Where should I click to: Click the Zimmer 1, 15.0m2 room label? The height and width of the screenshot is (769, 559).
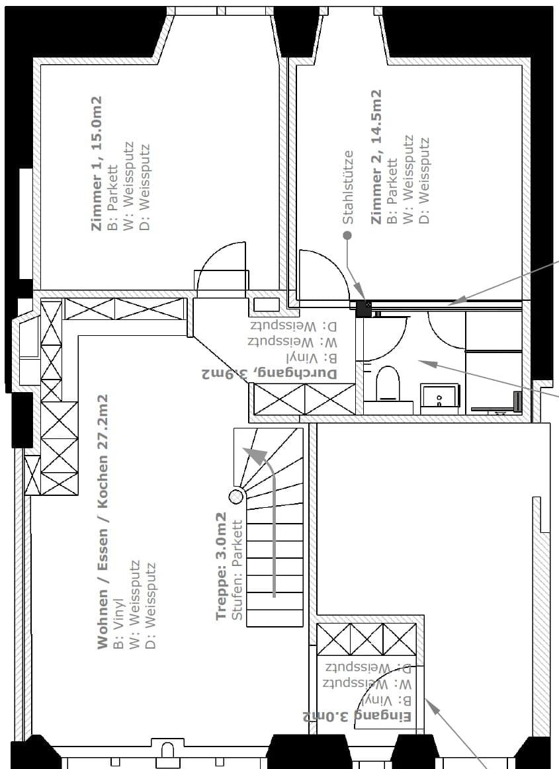[x=97, y=163]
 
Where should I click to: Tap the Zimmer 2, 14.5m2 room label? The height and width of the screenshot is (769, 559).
[x=376, y=157]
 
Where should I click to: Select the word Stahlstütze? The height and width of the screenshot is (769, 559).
[x=348, y=187]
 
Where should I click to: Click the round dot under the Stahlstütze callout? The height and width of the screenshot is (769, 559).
[x=347, y=235]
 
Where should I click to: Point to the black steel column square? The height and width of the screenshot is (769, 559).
[x=364, y=309]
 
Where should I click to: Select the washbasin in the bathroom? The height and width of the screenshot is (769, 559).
[x=439, y=395]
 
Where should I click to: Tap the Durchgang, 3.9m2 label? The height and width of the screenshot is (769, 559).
[x=269, y=374]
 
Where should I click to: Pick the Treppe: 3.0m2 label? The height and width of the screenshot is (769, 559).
[x=221, y=567]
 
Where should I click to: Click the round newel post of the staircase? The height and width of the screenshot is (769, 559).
[x=237, y=497]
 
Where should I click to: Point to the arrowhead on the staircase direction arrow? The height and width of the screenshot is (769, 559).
[x=253, y=456]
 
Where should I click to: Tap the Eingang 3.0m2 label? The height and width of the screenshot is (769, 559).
[x=357, y=717]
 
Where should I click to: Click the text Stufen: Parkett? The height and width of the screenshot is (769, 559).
[x=237, y=571]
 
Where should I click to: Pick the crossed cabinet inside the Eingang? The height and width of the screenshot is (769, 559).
[x=366, y=639]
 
